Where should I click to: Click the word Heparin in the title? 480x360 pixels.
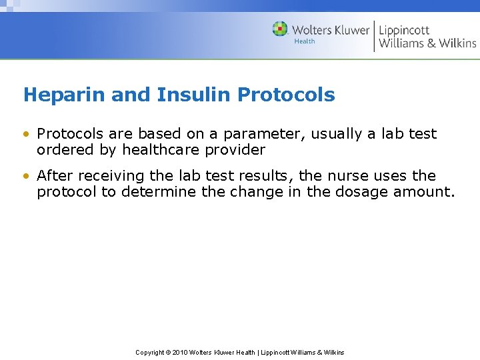[64, 95]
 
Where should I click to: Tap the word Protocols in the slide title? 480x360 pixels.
[286, 95]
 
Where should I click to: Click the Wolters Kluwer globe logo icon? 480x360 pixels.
[280, 29]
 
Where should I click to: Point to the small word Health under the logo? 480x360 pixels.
[305, 41]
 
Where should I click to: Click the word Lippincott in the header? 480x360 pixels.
[404, 30]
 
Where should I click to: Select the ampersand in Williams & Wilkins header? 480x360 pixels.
[433, 43]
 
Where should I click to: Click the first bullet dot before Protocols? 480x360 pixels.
[27, 134]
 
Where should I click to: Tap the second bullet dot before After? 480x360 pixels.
[27, 177]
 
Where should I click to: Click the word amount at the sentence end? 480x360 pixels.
[427, 192]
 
